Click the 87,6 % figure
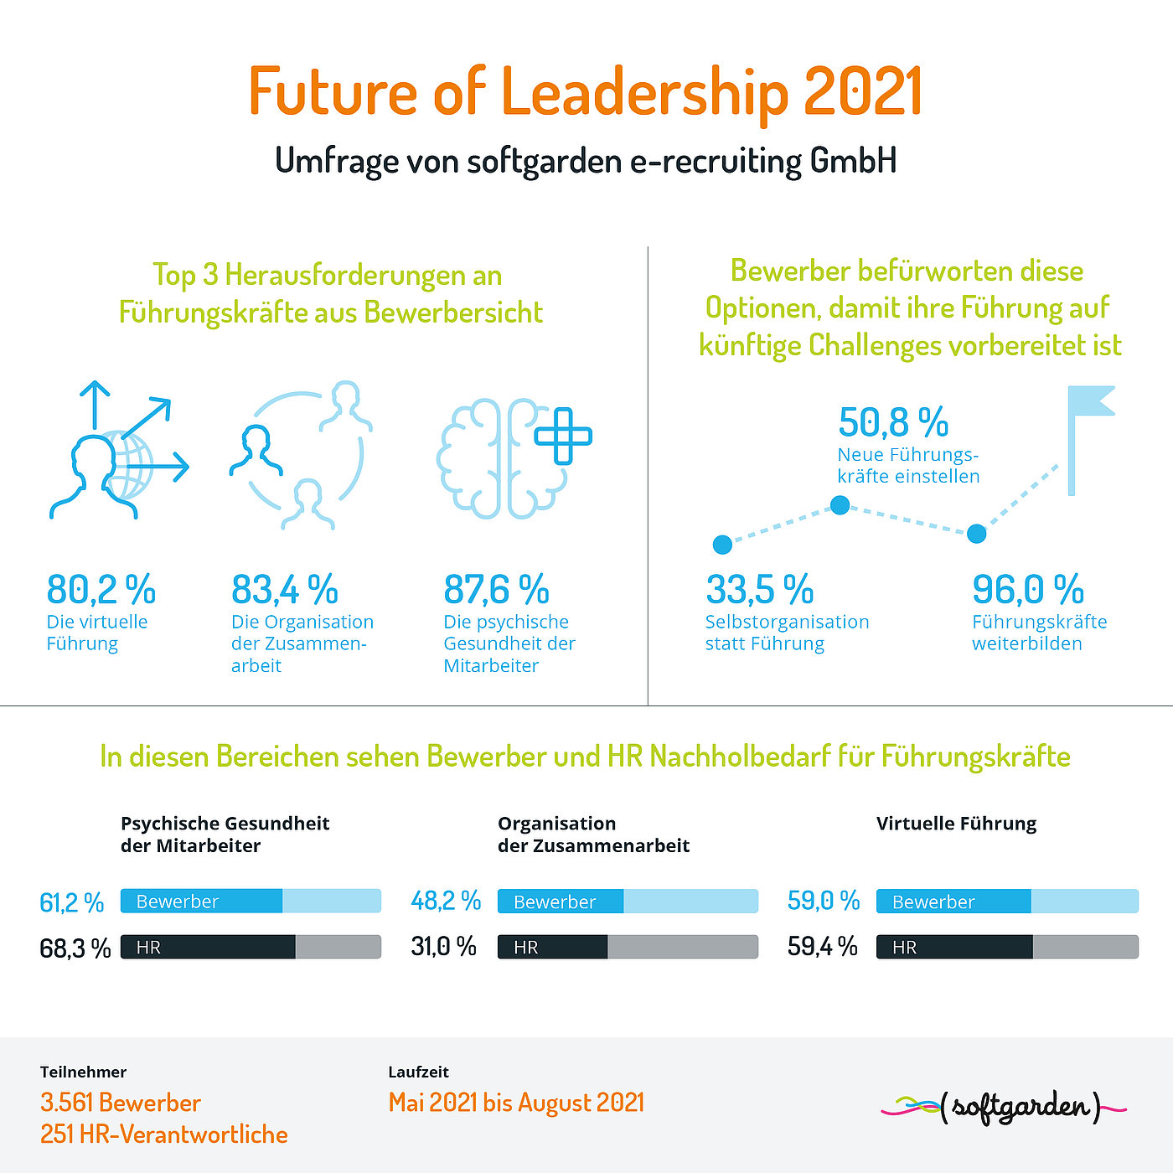(496, 589)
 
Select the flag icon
(1090, 441)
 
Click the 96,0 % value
(1027, 589)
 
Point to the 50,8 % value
(893, 421)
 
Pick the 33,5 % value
(759, 589)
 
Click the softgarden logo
(1003, 1108)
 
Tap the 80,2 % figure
(101, 589)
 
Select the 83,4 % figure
(284, 589)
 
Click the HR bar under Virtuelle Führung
(1007, 947)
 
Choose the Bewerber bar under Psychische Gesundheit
(251, 901)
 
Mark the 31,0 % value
(443, 947)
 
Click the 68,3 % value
(75, 948)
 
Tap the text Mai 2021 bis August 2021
(516, 1103)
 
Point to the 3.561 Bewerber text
(121, 1103)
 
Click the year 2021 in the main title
(862, 90)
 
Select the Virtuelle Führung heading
(956, 824)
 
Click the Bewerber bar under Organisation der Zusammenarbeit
(628, 901)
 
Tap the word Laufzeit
(418, 1072)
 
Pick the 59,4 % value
(823, 947)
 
